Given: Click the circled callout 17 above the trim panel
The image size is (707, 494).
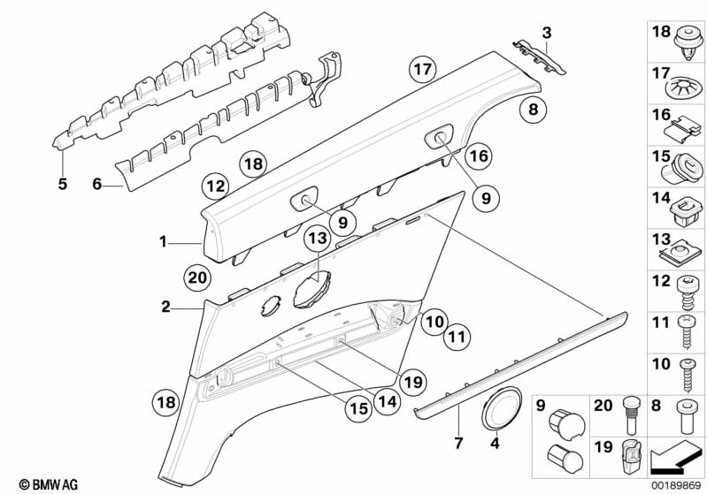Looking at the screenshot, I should (x=424, y=68).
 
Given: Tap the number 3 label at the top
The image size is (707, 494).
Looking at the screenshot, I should (x=547, y=34).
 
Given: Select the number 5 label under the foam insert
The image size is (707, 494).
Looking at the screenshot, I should (x=62, y=184).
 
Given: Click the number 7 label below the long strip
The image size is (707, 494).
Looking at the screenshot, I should (x=457, y=442).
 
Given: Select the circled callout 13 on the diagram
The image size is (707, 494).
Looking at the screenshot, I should (x=316, y=239).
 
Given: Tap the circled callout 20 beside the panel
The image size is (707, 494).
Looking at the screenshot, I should (x=198, y=277).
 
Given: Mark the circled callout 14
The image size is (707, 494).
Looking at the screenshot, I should (x=386, y=399).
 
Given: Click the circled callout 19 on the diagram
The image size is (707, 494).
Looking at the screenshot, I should (x=412, y=382).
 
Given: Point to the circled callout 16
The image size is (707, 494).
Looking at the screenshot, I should (x=478, y=156).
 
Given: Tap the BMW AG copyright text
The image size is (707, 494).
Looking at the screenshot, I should (x=42, y=484).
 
